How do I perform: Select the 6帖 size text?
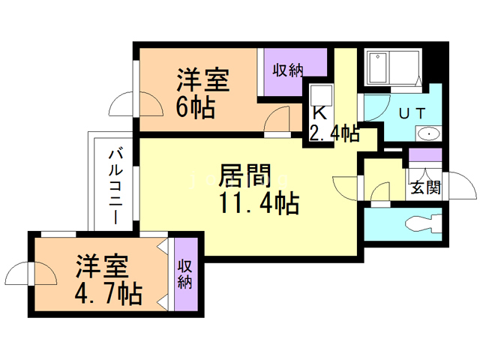pos(196,107)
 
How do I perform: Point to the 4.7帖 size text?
pos(109,292)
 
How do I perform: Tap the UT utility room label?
pos(412,114)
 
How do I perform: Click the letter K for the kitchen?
pos(319,113)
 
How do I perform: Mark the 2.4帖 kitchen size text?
pos(334,133)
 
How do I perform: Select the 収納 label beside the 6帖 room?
pos(287,70)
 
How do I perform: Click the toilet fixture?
pos(424,223)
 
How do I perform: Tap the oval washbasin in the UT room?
pos(428,135)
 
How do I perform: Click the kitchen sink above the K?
pos(322,96)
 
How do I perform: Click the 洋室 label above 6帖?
pos(202,79)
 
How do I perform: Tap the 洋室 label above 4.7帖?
pos(102,266)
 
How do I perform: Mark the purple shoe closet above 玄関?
pos(425,158)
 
